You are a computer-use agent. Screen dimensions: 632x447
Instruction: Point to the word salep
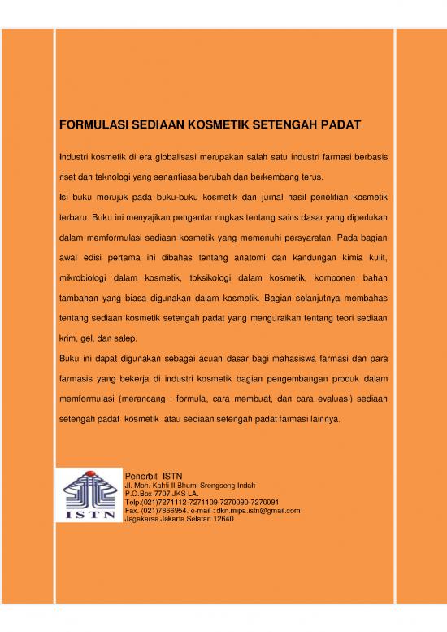(x=127, y=338)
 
